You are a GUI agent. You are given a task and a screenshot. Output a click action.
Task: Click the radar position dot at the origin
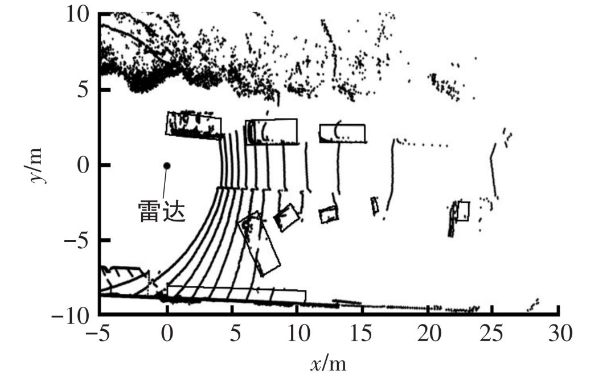click(167, 166)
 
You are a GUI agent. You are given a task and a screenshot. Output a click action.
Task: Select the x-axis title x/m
click(329, 363)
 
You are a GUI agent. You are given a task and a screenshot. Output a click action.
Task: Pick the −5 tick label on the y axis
click(77, 240)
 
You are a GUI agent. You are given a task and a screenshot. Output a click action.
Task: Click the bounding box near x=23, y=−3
click(464, 211)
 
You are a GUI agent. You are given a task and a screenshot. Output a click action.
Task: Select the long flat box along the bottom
click(236, 294)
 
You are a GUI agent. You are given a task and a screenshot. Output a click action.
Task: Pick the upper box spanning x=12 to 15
click(342, 133)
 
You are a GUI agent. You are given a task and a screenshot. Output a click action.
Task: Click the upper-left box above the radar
click(194, 125)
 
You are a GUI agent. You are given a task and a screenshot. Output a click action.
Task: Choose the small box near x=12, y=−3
click(329, 215)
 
